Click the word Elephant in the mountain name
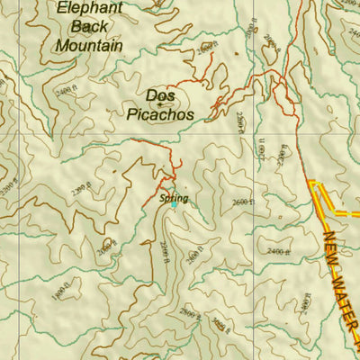(x=86, y=8)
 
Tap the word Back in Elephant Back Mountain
(x=87, y=25)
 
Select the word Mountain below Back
(x=86, y=42)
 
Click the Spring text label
(x=172, y=197)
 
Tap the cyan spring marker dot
(x=174, y=205)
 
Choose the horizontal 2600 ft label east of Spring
(x=243, y=202)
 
